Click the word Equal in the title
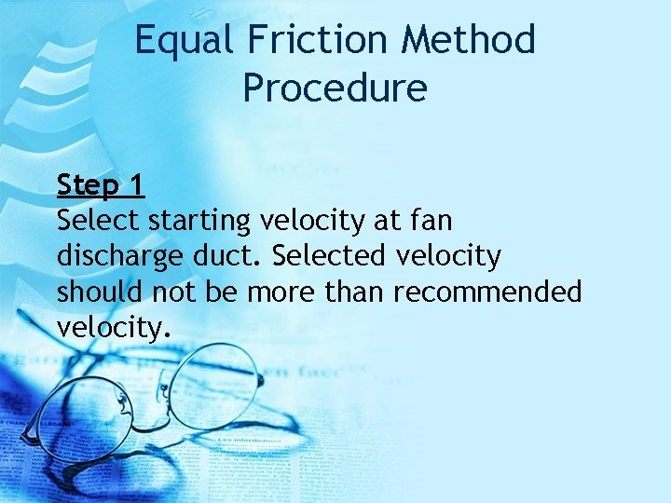click(x=181, y=40)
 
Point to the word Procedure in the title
click(x=335, y=88)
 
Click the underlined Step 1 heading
click(x=100, y=185)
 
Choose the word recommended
click(x=487, y=292)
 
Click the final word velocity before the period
click(x=110, y=327)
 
